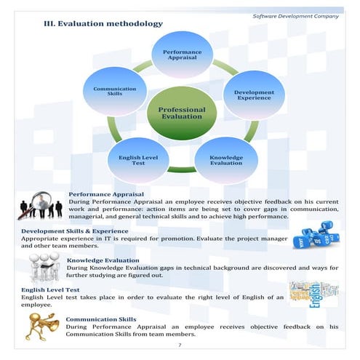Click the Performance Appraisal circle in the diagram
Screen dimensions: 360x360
coord(182,55)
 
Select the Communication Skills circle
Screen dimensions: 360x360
coord(114,92)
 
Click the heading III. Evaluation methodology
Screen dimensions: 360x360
coord(104,24)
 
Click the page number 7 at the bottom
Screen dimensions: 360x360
coord(180,345)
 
